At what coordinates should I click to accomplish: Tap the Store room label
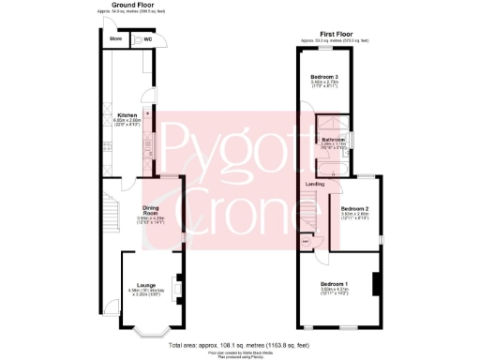(x=115, y=38)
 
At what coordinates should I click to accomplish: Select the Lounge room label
(x=145, y=284)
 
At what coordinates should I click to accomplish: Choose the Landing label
(x=315, y=184)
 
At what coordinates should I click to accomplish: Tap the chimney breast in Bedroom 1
(x=375, y=283)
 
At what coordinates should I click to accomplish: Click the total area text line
(x=239, y=346)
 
